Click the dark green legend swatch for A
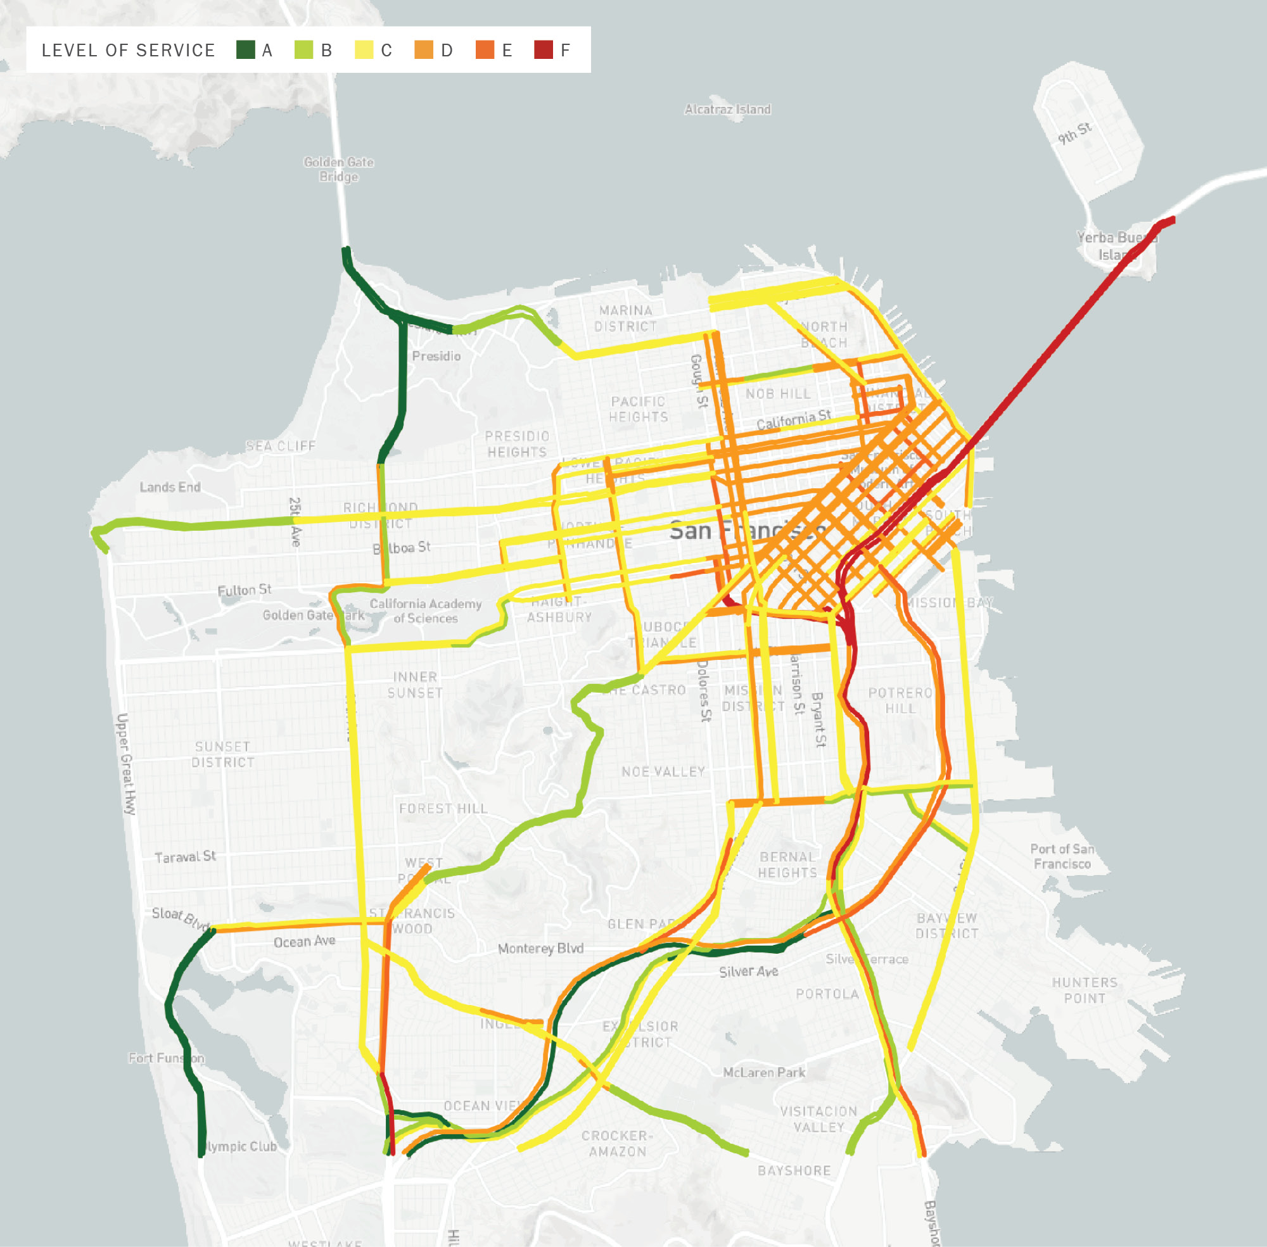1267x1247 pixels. pyautogui.click(x=246, y=50)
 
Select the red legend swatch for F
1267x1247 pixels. pyautogui.click(x=543, y=50)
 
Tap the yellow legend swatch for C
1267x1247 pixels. pyautogui.click(x=364, y=50)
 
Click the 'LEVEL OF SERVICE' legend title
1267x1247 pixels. pyautogui.click(x=129, y=51)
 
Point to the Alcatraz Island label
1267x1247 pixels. pyautogui.click(x=727, y=110)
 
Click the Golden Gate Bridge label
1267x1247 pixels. pyautogui.click(x=339, y=169)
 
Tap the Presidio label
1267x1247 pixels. pyautogui.click(x=436, y=357)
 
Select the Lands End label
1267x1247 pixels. pyautogui.click(x=170, y=486)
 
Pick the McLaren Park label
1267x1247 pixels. pyautogui.click(x=764, y=1072)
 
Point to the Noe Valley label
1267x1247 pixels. pyautogui.click(x=663, y=771)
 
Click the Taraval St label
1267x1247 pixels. pyautogui.click(x=185, y=856)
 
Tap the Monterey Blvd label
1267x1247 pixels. pyautogui.click(x=540, y=948)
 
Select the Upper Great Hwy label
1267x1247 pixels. pyautogui.click(x=127, y=764)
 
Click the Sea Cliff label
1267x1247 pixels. pyautogui.click(x=281, y=446)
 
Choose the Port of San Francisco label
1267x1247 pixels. pyautogui.click(x=1062, y=856)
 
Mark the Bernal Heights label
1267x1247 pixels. pyautogui.click(x=787, y=864)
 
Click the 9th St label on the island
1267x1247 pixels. pyautogui.click(x=1074, y=133)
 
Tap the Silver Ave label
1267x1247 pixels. pyautogui.click(x=748, y=972)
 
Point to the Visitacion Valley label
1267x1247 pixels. pyautogui.click(x=818, y=1119)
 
